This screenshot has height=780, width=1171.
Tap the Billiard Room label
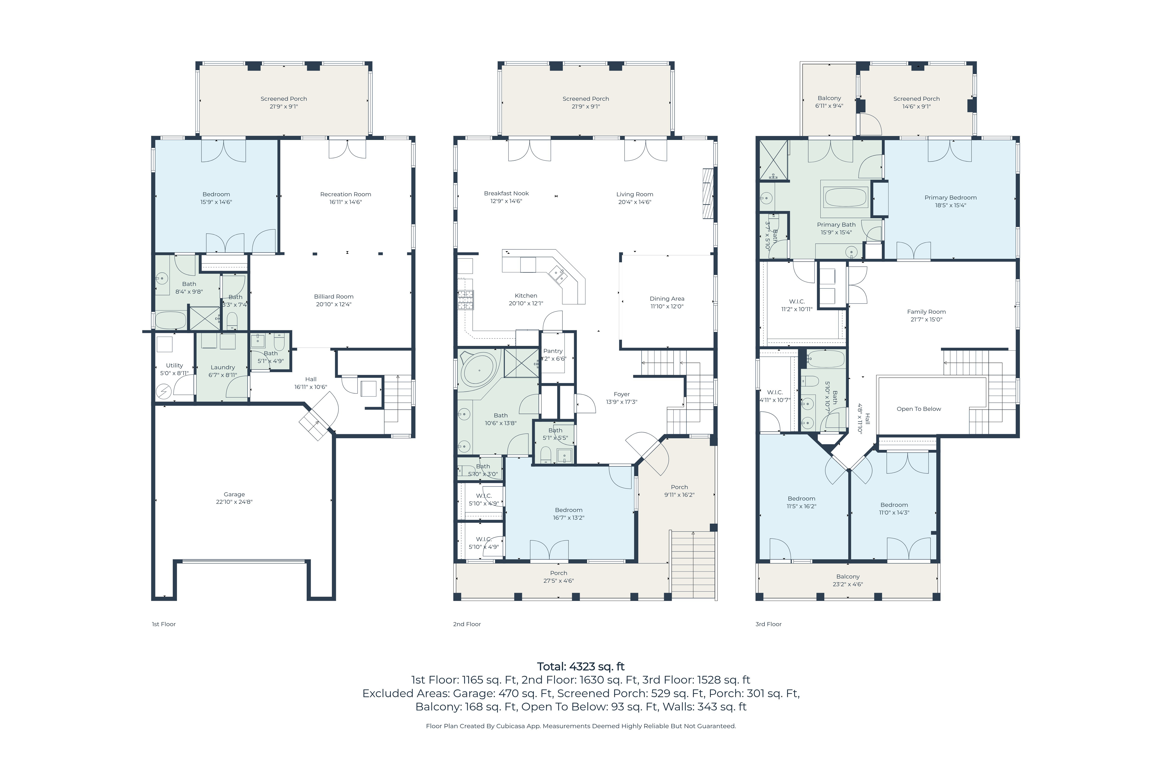334,296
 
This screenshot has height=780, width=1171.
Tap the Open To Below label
919,409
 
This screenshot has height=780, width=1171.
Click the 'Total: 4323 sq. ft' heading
581,667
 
